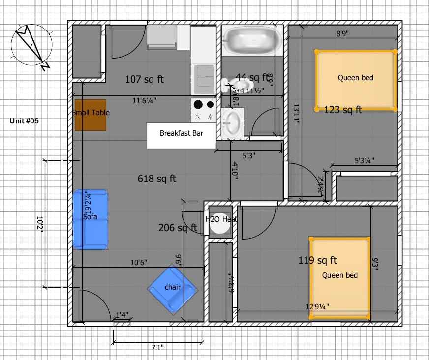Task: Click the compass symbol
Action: tap(32, 45)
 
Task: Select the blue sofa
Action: tap(91, 219)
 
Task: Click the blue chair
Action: tap(173, 289)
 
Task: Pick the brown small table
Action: tap(91, 115)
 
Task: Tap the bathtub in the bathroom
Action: tap(251, 40)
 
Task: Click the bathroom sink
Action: tap(231, 121)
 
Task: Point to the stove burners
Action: tap(204, 110)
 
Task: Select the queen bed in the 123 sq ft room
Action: tap(355, 80)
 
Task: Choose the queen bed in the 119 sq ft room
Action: tap(339, 278)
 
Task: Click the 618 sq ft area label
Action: tap(157, 179)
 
